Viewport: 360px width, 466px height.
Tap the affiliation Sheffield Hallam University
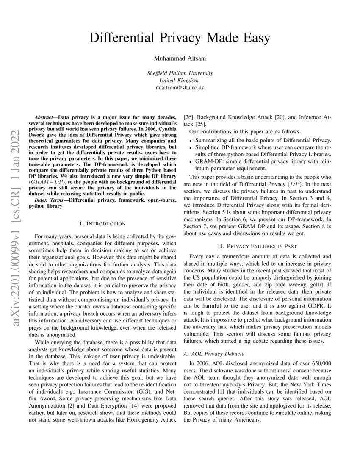point(180,73)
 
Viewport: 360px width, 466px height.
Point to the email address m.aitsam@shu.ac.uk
point(180,87)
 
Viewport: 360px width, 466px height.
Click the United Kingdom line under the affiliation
point(180,80)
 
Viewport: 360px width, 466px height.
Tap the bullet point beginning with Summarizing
point(263,140)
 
